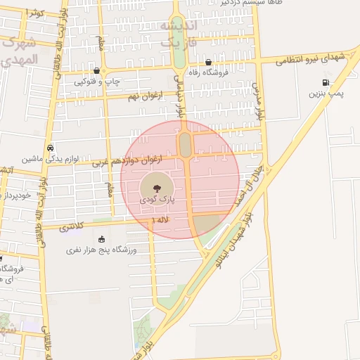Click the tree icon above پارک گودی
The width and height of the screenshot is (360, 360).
click(x=156, y=188)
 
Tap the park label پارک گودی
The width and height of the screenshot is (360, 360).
click(x=156, y=201)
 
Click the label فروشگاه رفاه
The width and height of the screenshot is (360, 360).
click(x=208, y=72)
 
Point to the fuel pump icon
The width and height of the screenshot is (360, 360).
click(x=325, y=82)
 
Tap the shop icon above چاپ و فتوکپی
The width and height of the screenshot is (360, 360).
click(x=96, y=71)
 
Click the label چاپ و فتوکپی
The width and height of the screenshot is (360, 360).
click(x=96, y=82)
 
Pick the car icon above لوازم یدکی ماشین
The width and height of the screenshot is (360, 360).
click(x=51, y=148)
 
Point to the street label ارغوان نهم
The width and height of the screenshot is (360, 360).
click(x=143, y=96)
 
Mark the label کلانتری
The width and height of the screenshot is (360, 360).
click(x=71, y=227)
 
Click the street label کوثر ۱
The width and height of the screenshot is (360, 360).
click(x=34, y=13)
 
